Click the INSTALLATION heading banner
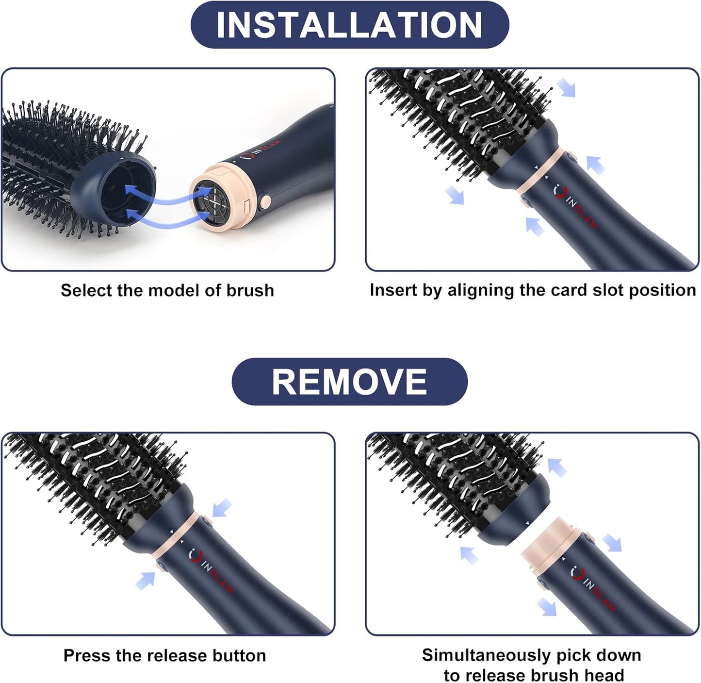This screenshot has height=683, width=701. [349, 25]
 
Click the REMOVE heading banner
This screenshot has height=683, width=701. [349, 382]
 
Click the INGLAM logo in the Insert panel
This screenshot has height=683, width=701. [576, 206]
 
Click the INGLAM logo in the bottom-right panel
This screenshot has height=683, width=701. [593, 587]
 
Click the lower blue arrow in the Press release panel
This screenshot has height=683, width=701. [146, 580]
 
